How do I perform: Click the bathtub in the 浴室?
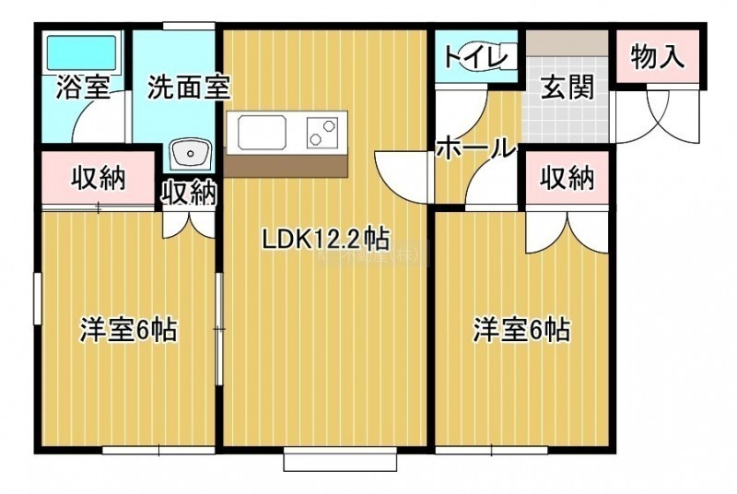tap(81, 53)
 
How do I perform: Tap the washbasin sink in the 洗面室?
tap(190, 153)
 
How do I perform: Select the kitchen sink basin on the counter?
tap(263, 132)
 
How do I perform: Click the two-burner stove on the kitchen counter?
tap(322, 132)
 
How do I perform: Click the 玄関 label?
tap(567, 88)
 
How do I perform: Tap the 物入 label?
tap(657, 56)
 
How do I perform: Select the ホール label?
tap(475, 148)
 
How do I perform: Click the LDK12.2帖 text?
tap(326, 239)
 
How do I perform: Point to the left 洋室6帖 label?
tap(129, 330)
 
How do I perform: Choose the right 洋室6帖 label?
tap(521, 330)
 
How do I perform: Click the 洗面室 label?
tap(189, 87)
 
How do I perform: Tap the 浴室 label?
tap(83, 87)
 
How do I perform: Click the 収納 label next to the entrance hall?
tap(567, 178)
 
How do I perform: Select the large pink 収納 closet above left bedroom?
tap(99, 178)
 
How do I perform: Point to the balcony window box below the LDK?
tap(340, 458)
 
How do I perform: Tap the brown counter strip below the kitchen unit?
tap(286, 167)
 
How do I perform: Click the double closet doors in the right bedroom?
tap(567, 233)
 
